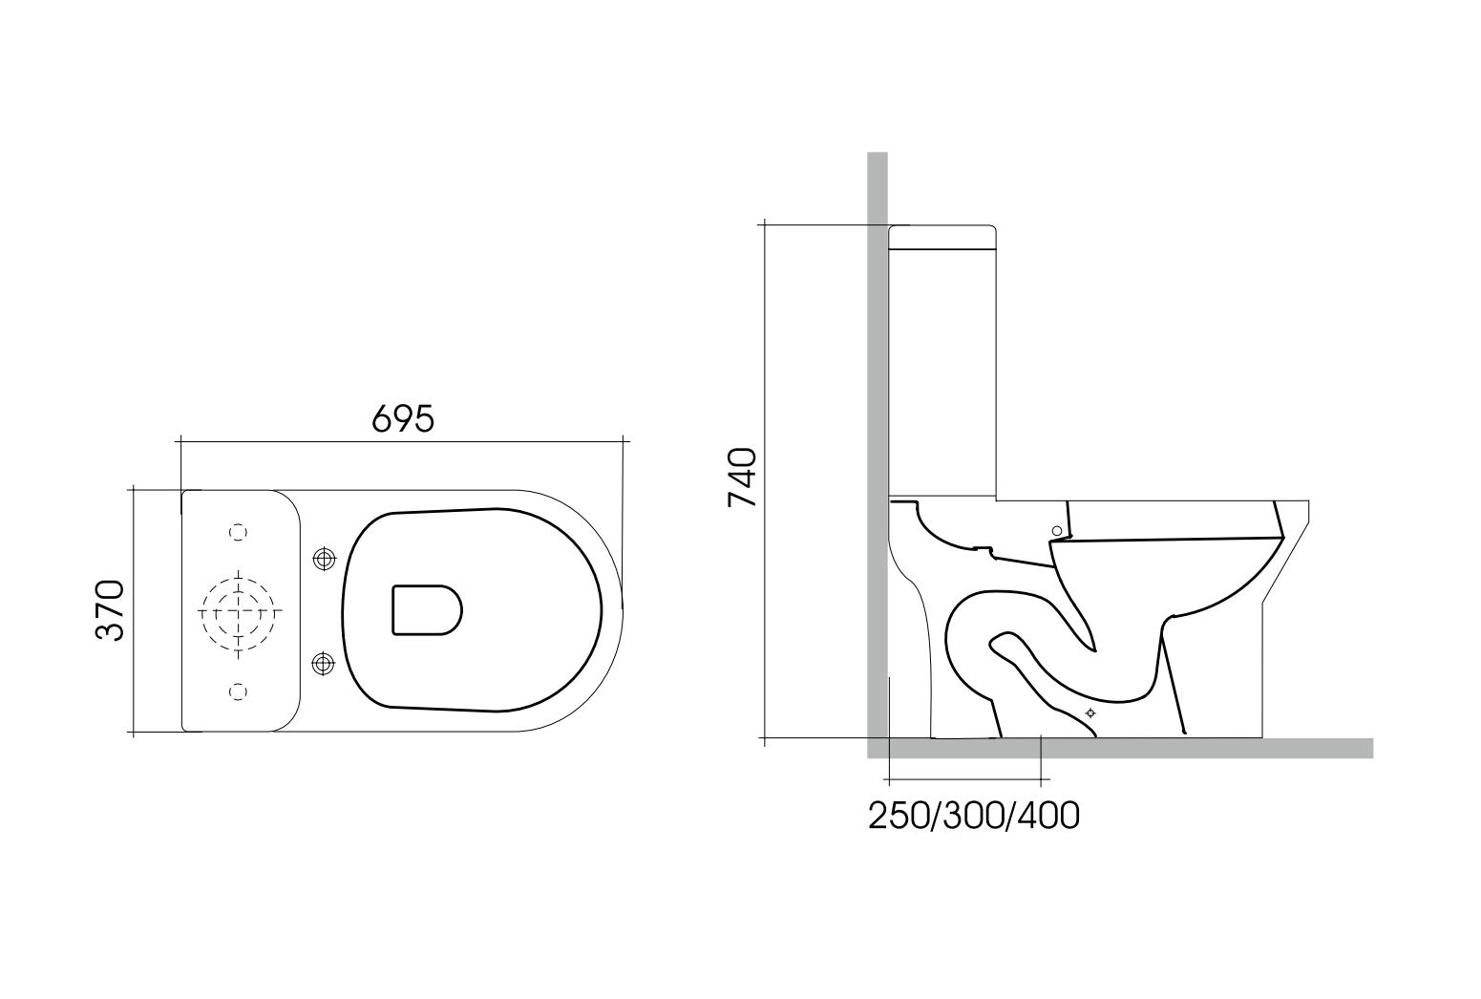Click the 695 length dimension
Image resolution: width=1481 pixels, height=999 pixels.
[402, 418]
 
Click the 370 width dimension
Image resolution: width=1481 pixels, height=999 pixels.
[110, 610]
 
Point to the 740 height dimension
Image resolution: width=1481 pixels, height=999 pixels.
[742, 477]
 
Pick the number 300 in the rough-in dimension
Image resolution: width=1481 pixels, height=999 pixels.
[974, 816]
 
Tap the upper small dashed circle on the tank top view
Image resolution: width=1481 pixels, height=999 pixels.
[239, 531]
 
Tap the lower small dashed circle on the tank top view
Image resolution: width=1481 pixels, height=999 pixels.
[239, 691]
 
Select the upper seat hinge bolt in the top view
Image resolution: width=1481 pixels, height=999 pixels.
[325, 558]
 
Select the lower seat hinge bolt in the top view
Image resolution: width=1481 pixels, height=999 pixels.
[325, 662]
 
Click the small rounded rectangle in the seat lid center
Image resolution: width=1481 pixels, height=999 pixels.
[426, 610]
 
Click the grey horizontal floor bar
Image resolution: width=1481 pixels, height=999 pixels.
[1146, 748]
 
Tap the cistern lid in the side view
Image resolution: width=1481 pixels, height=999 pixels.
[942, 236]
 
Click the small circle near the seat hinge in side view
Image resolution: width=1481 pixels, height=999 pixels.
[1056, 530]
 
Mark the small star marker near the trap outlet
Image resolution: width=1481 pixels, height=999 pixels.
[1090, 713]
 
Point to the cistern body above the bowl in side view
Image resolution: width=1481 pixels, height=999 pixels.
[942, 372]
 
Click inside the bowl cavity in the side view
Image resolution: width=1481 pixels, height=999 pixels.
[1174, 573]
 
